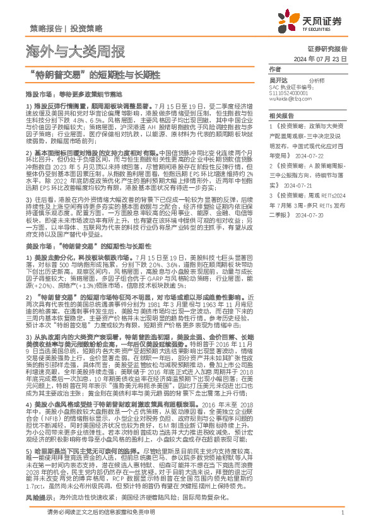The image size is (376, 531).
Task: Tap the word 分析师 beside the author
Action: point(317,81)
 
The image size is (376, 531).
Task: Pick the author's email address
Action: point(290,99)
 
